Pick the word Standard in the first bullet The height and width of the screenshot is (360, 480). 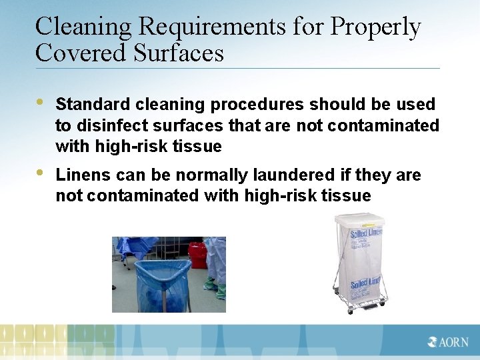93,105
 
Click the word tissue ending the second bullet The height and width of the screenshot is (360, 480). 347,196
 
